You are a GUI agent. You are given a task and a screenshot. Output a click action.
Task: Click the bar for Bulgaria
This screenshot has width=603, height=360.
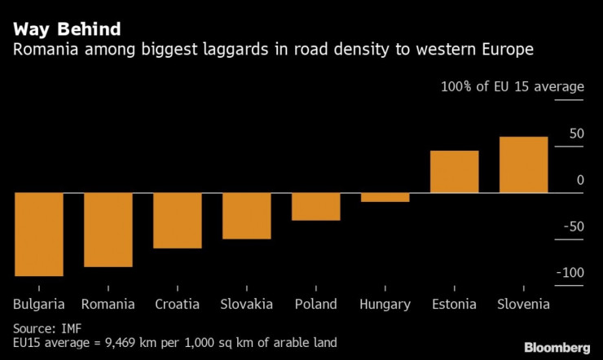[x=39, y=235]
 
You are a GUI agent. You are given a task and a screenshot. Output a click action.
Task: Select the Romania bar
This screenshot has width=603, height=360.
[x=108, y=230]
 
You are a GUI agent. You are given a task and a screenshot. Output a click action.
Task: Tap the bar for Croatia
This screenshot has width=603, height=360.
[x=178, y=220]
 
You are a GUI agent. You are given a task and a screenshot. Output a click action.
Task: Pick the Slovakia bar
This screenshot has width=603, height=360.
[x=247, y=216]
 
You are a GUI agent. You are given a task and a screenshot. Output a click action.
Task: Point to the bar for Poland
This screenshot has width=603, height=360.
[x=316, y=206]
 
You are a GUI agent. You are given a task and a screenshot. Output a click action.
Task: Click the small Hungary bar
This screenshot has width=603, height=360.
[x=385, y=197]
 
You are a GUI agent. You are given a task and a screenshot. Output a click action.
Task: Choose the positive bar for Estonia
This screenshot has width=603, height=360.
[x=454, y=172]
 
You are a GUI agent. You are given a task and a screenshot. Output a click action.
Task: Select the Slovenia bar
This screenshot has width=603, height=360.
[x=523, y=165]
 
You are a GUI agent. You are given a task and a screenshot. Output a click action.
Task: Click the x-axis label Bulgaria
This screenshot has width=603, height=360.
[x=39, y=304]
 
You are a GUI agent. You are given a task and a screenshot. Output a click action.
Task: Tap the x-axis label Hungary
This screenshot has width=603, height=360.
[x=385, y=304]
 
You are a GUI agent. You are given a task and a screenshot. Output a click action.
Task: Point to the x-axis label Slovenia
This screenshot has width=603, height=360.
[x=523, y=304]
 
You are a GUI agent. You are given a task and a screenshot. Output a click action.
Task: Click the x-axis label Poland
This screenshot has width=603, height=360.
[x=316, y=304]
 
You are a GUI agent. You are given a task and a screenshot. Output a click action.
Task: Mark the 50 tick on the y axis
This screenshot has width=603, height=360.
[x=576, y=134]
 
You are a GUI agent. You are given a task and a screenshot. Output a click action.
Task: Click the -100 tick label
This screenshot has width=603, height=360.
[x=570, y=272]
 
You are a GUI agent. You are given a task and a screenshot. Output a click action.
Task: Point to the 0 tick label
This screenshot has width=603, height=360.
[x=580, y=180]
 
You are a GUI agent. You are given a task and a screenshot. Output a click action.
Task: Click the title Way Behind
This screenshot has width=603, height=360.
[x=67, y=29]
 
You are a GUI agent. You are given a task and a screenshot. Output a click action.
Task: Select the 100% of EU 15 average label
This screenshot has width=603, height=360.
[x=513, y=87]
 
